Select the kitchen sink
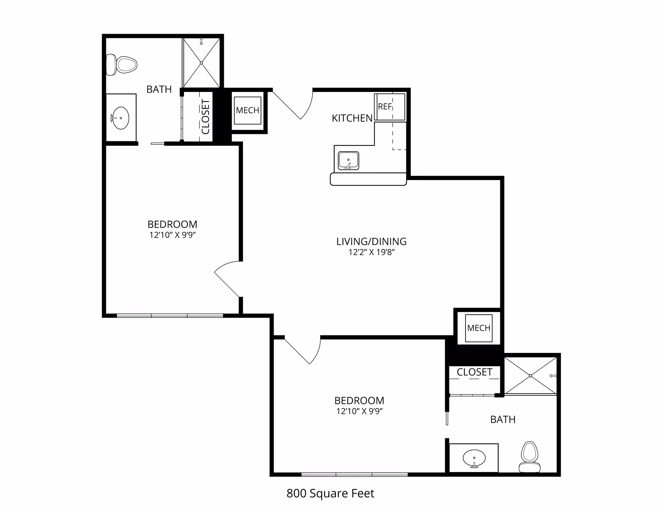(348, 161)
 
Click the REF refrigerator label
(385, 106)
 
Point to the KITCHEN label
(352, 118)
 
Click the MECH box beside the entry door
(248, 110)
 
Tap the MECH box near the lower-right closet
(479, 328)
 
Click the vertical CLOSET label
(206, 117)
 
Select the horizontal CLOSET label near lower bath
(474, 372)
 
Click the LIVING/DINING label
(371, 241)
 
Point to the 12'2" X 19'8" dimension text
(371, 252)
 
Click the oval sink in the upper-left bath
(121, 118)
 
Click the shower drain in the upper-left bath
(201, 63)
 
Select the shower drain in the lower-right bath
(531, 376)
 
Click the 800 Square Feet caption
(330, 493)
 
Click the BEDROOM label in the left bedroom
(172, 224)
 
